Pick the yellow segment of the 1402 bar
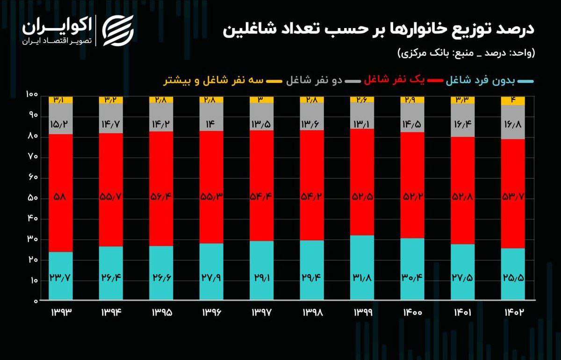[513, 101]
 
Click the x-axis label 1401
[462, 312]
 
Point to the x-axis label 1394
[111, 312]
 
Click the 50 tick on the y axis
[32, 198]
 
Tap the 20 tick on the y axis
[32, 260]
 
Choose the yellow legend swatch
[273, 81]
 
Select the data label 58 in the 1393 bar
[61, 198]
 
